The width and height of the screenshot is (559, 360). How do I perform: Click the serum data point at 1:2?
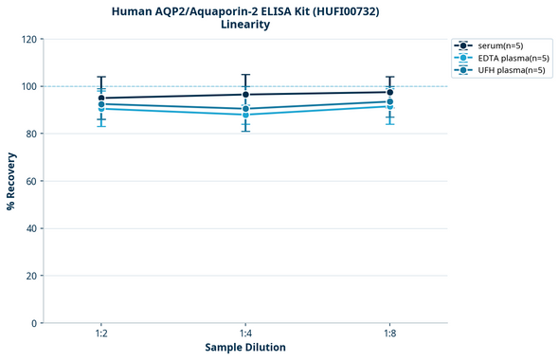[101, 99]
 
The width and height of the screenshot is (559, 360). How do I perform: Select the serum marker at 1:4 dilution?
[245, 95]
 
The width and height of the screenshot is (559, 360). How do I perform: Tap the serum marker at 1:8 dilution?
[389, 92]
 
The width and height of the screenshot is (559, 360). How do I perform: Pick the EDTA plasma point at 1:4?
[245, 115]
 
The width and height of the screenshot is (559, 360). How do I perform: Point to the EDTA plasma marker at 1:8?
[389, 106]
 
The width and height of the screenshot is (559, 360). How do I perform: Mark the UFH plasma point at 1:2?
[101, 104]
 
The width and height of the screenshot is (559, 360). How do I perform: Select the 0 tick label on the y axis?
[33, 323]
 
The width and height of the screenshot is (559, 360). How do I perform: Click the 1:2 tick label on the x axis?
[101, 334]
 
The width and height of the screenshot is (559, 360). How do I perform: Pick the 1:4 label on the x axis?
[245, 334]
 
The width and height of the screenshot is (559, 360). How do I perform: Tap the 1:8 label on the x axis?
[389, 334]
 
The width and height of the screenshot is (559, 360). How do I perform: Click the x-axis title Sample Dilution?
[245, 348]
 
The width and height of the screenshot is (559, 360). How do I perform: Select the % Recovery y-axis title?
[10, 181]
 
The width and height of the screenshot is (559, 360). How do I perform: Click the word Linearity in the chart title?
[244, 25]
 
